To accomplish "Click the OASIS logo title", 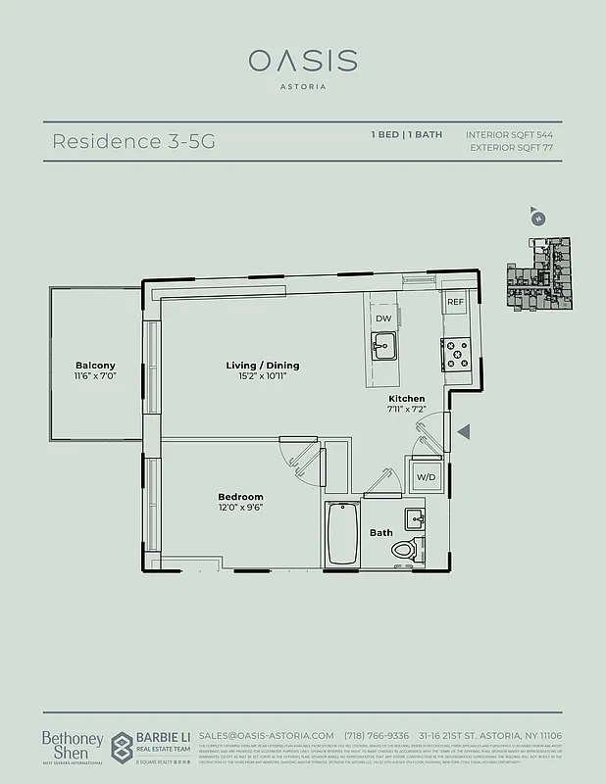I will (302, 61).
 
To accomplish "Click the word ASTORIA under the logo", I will (303, 86).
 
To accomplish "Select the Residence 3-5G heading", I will (132, 141).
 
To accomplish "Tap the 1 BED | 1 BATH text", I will (405, 134).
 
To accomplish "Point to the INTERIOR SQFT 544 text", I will (509, 134).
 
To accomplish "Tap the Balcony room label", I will (95, 366).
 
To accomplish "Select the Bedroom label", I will (240, 497).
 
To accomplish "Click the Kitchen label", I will (406, 399).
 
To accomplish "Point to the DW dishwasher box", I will (382, 318).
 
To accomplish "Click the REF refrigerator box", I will (456, 303).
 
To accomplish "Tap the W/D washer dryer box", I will (427, 476).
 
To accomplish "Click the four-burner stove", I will (456, 353).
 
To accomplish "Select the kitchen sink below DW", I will (382, 344).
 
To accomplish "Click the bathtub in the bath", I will (341, 533).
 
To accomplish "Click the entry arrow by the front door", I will (465, 431).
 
